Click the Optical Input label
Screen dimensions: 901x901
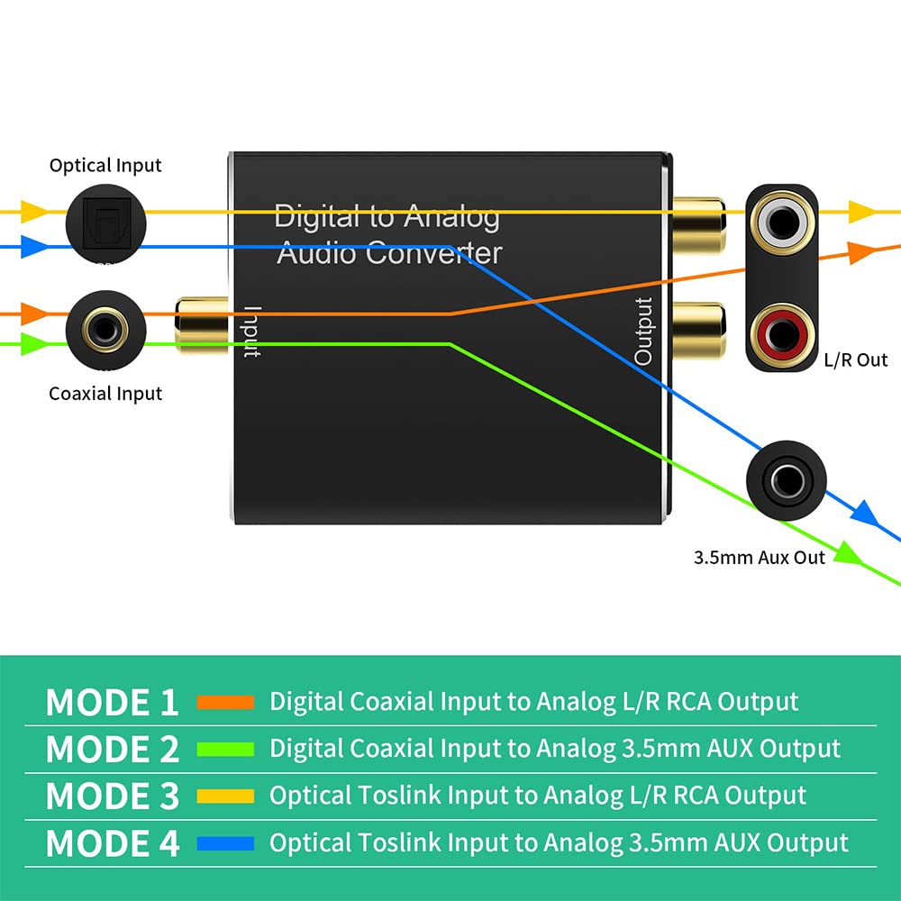click(x=105, y=166)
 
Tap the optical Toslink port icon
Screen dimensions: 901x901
click(x=105, y=224)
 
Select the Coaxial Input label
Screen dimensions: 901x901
click(x=105, y=394)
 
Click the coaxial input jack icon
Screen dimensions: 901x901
click(x=105, y=331)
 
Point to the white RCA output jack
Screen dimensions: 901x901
click(x=782, y=223)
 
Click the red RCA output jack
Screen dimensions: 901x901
click(x=782, y=335)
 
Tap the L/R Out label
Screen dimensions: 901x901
click(x=856, y=360)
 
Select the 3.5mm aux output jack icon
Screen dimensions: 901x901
click(x=786, y=481)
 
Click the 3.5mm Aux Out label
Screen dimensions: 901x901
click(x=759, y=558)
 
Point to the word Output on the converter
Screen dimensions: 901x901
click(x=643, y=331)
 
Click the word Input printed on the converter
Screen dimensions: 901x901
click(x=252, y=332)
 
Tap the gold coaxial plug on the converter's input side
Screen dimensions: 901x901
click(x=202, y=324)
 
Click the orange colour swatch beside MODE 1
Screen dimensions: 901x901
click(x=225, y=702)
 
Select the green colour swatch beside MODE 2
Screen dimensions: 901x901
click(x=225, y=749)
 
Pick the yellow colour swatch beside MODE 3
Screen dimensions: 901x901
click(x=225, y=796)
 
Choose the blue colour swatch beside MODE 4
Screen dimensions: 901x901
click(x=225, y=843)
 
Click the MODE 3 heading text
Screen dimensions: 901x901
click(x=113, y=796)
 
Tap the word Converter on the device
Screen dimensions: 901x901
click(x=434, y=253)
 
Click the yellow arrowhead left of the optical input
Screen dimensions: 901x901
click(x=34, y=212)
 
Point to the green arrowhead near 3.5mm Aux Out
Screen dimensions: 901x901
click(x=848, y=553)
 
